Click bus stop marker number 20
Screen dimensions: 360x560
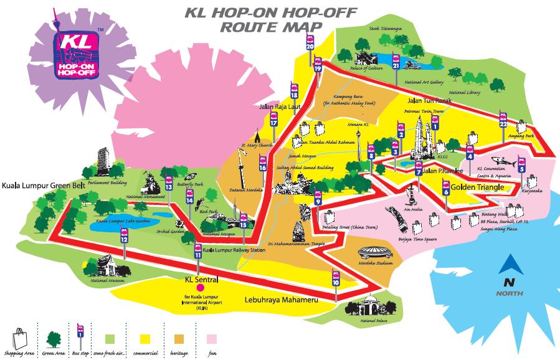tap(310, 44)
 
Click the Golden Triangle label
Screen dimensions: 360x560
tap(477, 186)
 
